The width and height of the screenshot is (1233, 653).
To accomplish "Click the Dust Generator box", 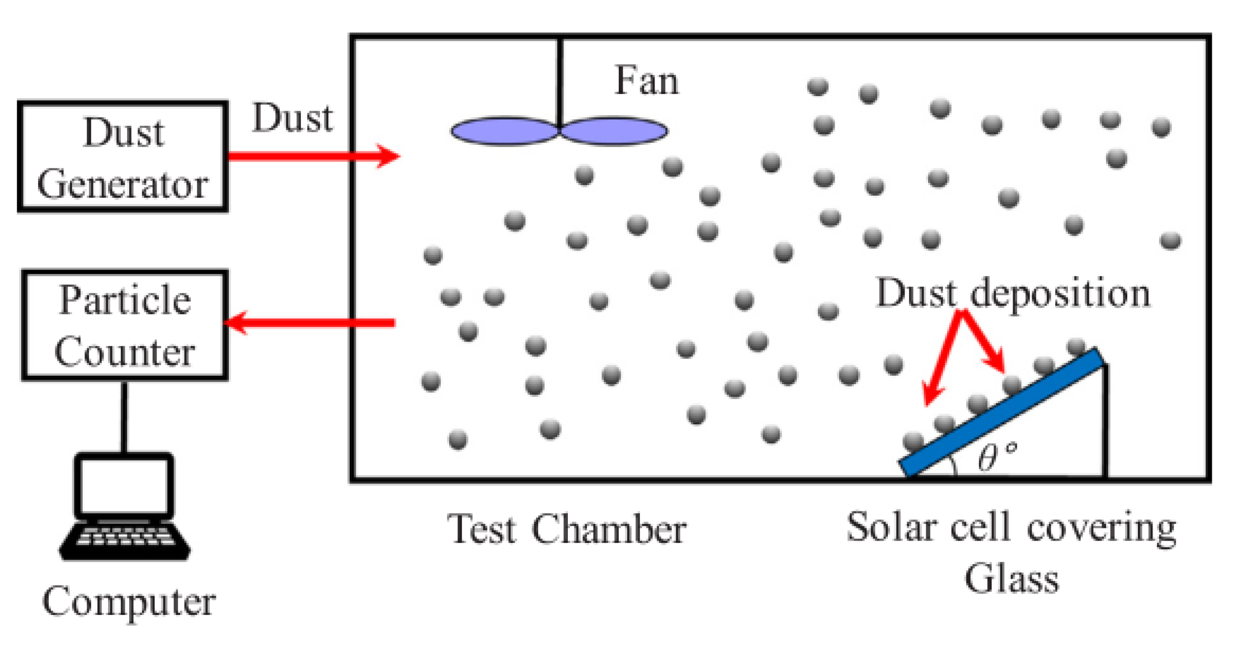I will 123,157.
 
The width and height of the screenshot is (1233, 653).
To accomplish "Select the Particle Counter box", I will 125,325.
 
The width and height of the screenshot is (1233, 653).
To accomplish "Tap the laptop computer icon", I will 124,506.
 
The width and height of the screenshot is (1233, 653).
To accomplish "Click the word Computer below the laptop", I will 129,602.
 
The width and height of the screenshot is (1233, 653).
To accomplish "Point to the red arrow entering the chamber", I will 313,156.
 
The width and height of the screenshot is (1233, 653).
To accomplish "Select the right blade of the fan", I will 614,131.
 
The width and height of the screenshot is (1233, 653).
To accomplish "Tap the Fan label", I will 646,81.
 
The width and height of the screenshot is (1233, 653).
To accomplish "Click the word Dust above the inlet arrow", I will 292,118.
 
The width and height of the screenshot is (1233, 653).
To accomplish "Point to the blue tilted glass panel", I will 1001,413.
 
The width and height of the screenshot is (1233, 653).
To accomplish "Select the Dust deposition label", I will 1013,294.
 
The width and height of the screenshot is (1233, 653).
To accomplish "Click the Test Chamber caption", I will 566,529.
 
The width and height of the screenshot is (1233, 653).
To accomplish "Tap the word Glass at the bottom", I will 1011,579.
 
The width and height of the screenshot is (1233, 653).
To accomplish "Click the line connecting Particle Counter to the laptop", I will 124,417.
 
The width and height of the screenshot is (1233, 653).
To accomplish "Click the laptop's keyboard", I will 124,538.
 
